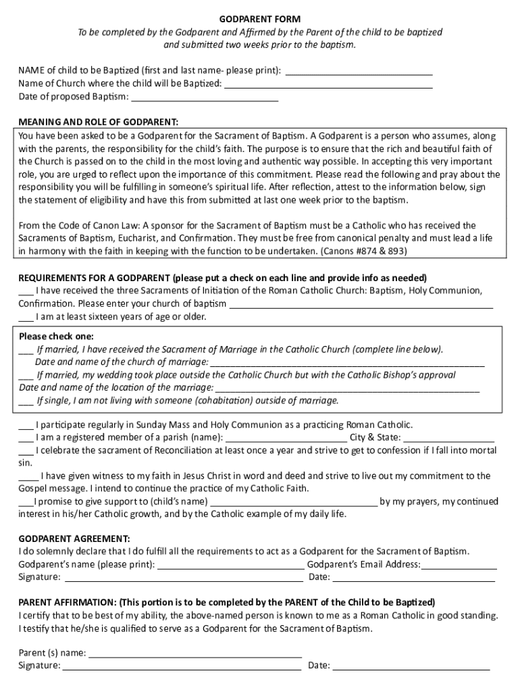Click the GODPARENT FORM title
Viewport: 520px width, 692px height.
(x=260, y=19)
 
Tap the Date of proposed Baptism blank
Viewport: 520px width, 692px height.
(x=205, y=97)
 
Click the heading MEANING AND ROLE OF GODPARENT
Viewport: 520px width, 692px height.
(x=99, y=122)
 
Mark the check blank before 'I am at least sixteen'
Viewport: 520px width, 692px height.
(x=26, y=317)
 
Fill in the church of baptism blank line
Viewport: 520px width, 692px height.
(x=361, y=304)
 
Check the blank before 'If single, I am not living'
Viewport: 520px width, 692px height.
(x=26, y=401)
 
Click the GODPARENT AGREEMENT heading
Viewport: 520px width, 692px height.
(x=74, y=539)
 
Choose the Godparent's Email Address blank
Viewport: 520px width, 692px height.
(x=459, y=566)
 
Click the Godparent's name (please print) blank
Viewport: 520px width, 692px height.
(x=230, y=566)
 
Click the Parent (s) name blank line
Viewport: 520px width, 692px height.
(x=195, y=654)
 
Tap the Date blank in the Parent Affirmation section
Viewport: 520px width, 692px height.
(x=411, y=666)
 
